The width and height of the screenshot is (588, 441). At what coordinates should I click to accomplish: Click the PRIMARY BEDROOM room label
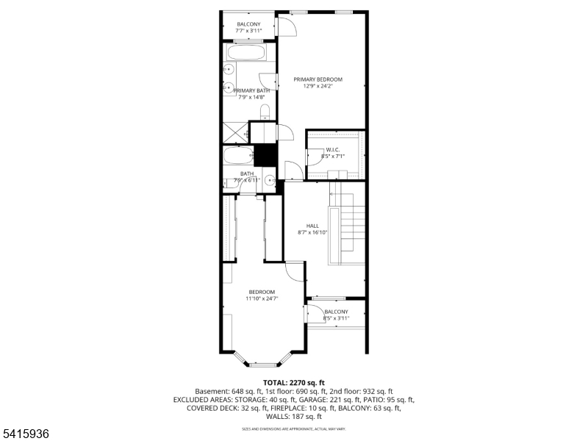(318, 79)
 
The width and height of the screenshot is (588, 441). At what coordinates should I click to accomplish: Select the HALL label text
(312, 226)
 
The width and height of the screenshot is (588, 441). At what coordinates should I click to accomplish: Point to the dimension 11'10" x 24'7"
(262, 299)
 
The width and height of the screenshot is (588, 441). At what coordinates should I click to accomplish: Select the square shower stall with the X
(234, 134)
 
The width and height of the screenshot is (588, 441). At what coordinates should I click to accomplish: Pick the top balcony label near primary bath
(248, 25)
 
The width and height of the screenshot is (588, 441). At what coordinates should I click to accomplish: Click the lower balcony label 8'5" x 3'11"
(337, 318)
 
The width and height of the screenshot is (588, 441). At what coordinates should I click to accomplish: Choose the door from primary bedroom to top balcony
(285, 26)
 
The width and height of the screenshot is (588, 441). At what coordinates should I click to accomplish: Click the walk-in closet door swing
(314, 157)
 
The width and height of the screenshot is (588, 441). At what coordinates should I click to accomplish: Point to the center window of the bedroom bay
(262, 365)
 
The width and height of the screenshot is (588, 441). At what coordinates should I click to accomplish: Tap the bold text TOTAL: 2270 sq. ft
(293, 383)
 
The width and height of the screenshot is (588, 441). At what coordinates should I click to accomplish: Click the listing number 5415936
(26, 434)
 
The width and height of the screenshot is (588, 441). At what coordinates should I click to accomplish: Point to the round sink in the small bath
(270, 179)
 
